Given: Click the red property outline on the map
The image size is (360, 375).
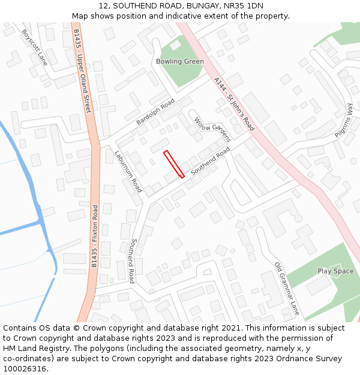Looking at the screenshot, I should (x=174, y=164).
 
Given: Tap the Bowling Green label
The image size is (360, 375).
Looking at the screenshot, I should (x=180, y=61).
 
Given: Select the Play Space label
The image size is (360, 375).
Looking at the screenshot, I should (x=335, y=271).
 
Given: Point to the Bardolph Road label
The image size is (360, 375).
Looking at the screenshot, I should (x=155, y=112).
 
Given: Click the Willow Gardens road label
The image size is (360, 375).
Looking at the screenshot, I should (x=212, y=129).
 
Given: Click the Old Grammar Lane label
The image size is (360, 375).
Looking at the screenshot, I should (x=287, y=289).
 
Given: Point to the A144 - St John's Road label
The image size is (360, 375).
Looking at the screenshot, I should (x=234, y=104).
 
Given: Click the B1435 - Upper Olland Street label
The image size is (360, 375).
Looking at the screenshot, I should (x=83, y=70).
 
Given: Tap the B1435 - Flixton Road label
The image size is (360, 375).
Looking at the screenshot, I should (x=95, y=236).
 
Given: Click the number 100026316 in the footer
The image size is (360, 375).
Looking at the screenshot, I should (x=23, y=368).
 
